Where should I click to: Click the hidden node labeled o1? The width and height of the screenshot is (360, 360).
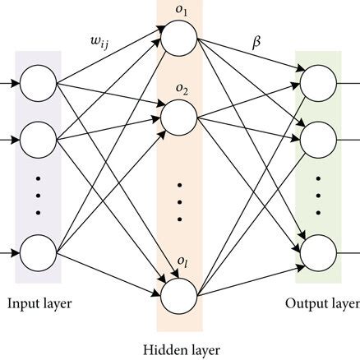(178, 37)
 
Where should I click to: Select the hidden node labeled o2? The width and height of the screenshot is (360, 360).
(178, 117)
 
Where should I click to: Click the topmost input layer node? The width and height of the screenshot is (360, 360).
(38, 84)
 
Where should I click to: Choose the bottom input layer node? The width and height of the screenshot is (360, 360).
(38, 252)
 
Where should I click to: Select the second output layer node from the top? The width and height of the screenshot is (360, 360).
(318, 135)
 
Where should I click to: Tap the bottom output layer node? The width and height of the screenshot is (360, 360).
(318, 252)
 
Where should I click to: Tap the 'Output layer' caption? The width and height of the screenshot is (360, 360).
(321, 303)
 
